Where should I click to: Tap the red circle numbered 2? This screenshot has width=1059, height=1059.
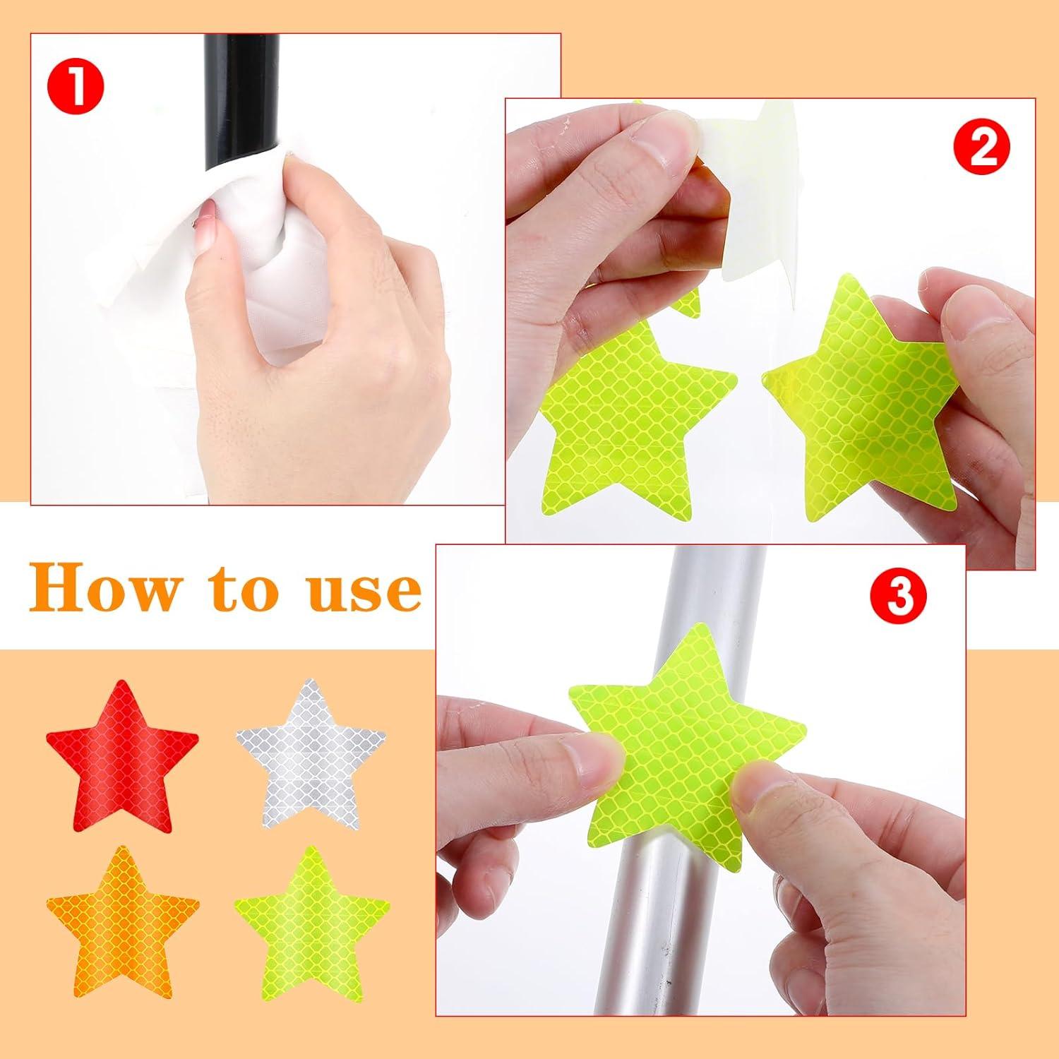click(x=981, y=145)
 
